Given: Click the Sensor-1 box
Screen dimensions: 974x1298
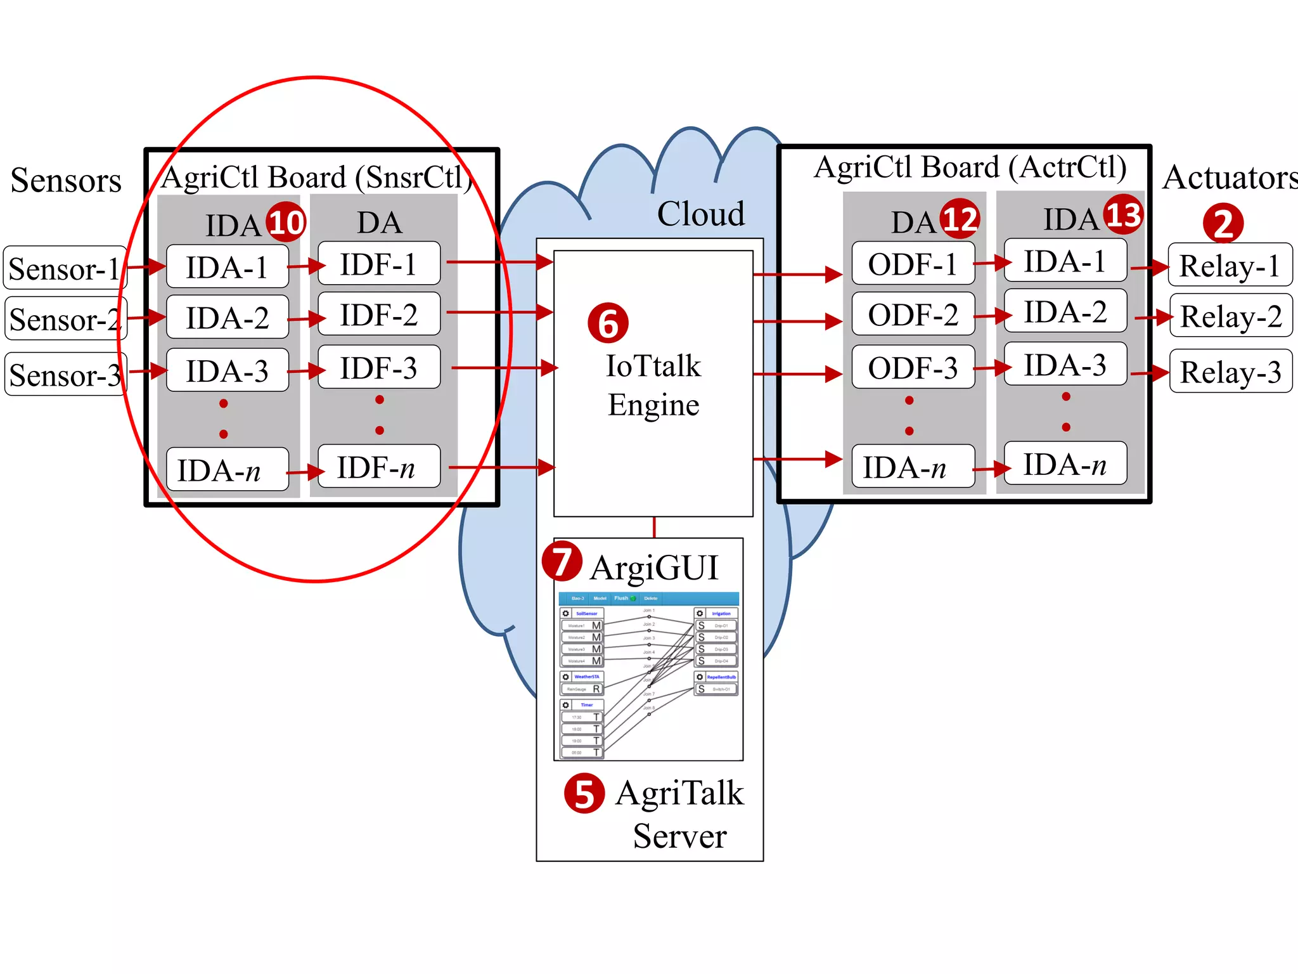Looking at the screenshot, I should click(65, 268).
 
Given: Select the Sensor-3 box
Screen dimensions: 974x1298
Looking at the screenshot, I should click(65, 375).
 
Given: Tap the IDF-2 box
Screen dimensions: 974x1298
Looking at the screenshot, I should click(378, 315).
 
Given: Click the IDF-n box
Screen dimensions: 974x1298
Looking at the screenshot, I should click(378, 467).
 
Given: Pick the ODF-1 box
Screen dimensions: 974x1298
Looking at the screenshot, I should click(913, 264).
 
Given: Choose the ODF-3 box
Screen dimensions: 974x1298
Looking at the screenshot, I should click(913, 368).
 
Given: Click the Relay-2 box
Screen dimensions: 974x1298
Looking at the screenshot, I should click(1231, 316).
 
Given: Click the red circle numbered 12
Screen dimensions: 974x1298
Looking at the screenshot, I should click(960, 219).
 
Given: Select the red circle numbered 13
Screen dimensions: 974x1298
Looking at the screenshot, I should click(1123, 214).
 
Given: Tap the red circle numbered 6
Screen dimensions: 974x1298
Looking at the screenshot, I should click(608, 323).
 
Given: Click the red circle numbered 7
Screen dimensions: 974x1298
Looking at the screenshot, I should click(562, 561).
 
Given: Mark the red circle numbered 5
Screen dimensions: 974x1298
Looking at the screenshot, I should click(584, 793).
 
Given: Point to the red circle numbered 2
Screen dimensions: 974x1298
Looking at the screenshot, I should click(1223, 223).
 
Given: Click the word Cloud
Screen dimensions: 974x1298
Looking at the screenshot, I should click(700, 214).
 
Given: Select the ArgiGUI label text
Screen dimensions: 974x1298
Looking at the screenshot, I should click(654, 567).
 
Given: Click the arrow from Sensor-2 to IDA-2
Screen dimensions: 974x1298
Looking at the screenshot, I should click(146, 316).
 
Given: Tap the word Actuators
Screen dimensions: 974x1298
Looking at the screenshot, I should click(1230, 177).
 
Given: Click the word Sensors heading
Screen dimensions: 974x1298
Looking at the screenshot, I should click(66, 180).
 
